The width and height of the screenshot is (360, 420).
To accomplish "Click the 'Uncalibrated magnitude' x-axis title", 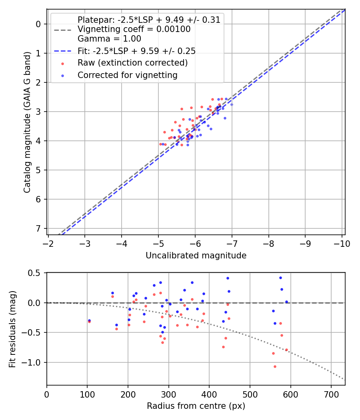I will pos(196,255).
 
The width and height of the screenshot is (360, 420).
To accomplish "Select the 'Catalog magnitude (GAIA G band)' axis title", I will pos(27,122).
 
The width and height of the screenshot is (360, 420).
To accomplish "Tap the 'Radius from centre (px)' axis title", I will pos(196,406).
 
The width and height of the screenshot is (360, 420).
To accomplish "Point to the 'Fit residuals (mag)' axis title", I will pos(12,328).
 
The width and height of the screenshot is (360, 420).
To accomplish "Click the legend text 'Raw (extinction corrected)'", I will pos(132,63).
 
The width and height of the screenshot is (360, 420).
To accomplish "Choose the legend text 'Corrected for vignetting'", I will pos(127,75).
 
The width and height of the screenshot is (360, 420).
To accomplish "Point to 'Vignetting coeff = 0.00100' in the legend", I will pos(134,29).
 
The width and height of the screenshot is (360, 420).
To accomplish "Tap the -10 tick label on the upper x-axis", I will pos(342,244).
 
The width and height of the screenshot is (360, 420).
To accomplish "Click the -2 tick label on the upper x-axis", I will pos(48,244).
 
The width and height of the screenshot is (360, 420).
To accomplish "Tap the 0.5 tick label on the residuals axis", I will pos(34,273).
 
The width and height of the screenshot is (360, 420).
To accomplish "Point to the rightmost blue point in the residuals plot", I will pos(286,302).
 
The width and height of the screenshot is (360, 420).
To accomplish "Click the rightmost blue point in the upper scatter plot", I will pos(232,104).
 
